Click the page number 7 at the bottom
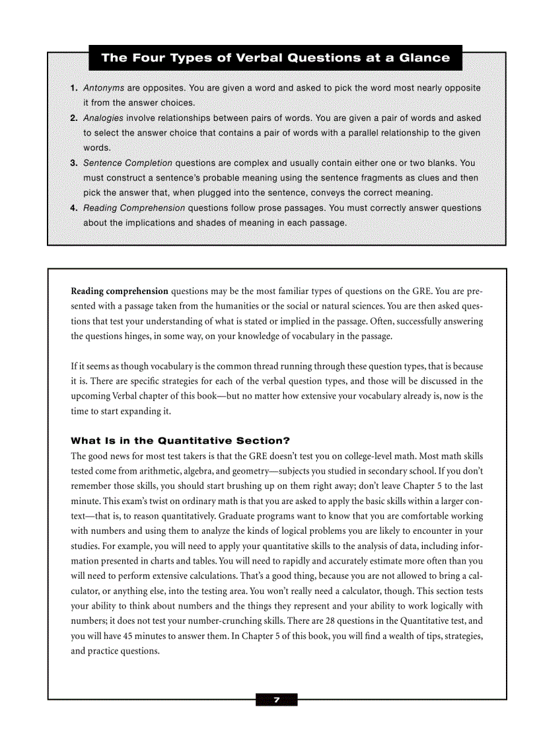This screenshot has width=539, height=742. pos(277,700)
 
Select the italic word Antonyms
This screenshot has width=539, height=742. pos(104,88)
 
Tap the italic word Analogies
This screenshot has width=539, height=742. pos(104,118)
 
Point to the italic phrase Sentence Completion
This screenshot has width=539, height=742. pos(127,163)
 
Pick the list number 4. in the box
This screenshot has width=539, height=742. pos(75,208)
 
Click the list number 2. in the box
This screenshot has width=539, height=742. pos(75,118)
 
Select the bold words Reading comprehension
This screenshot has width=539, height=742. pos(120,291)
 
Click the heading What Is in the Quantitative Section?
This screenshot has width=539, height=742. pos(180,441)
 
